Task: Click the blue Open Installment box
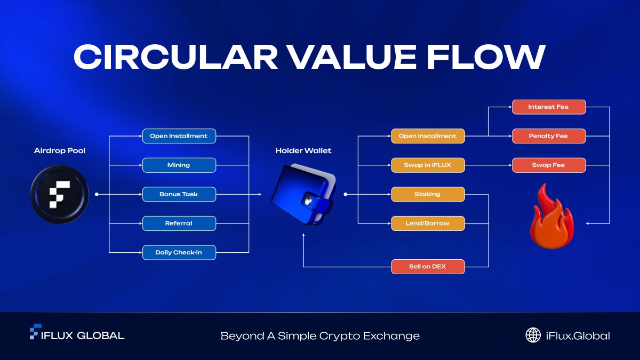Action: [179, 136]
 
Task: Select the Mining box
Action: [179, 165]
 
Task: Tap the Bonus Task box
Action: [179, 194]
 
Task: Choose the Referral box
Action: [179, 223]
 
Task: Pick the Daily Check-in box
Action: [179, 252]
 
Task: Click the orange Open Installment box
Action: [428, 136]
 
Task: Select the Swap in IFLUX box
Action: [428, 165]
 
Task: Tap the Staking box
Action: [428, 194]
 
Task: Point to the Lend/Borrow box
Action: [428, 223]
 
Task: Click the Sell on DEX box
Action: [428, 266]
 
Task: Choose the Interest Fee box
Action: [548, 107]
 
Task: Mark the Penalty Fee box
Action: [548, 136]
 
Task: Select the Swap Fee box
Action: [548, 165]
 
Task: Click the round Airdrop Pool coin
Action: [59, 194]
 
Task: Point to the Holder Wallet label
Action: [303, 151]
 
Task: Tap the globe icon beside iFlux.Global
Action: [533, 335]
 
